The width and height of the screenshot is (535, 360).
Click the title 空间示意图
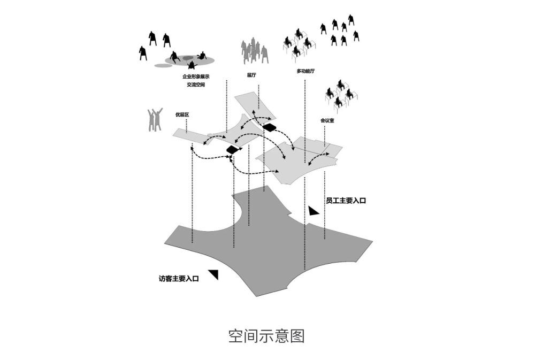tap(266, 336)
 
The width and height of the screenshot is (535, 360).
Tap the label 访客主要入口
tap(179, 278)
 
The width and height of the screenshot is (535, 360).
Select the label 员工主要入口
tap(346, 201)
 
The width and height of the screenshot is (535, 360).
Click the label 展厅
tap(251, 75)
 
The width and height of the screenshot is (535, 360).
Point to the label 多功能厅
tap(305, 71)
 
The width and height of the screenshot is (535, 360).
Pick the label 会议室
tap(327, 121)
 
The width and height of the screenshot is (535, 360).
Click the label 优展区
tap(182, 114)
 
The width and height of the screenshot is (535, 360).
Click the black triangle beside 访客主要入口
tap(214, 274)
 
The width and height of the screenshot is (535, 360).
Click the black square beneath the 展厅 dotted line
tap(269, 127)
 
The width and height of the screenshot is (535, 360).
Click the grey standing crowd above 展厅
tap(254, 52)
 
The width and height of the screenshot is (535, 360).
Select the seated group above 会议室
tap(341, 94)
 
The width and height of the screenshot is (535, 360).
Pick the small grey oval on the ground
tap(162, 66)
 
